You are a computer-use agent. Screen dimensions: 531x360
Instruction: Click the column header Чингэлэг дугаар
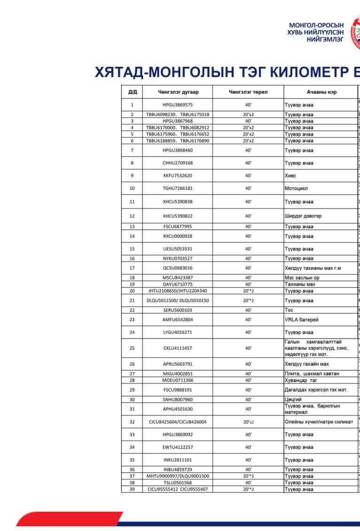pyautogui.click(x=178, y=92)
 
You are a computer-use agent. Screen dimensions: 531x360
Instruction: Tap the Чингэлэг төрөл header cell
pyautogui.click(x=248, y=92)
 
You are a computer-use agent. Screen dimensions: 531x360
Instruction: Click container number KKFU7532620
pyautogui.click(x=178, y=176)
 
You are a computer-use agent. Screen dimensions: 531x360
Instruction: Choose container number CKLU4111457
pyautogui.click(x=178, y=348)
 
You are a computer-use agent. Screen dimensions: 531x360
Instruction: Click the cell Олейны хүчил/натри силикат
pyautogui.click(x=319, y=422)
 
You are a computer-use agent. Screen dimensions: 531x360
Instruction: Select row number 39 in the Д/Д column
pyautogui.click(x=131, y=489)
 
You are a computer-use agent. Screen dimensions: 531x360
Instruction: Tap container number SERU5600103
pyautogui.click(x=178, y=310)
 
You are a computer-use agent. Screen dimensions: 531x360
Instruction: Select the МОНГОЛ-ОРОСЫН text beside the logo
pyautogui.click(x=316, y=25)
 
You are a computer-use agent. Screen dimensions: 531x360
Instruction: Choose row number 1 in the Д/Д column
pyautogui.click(x=131, y=105)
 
